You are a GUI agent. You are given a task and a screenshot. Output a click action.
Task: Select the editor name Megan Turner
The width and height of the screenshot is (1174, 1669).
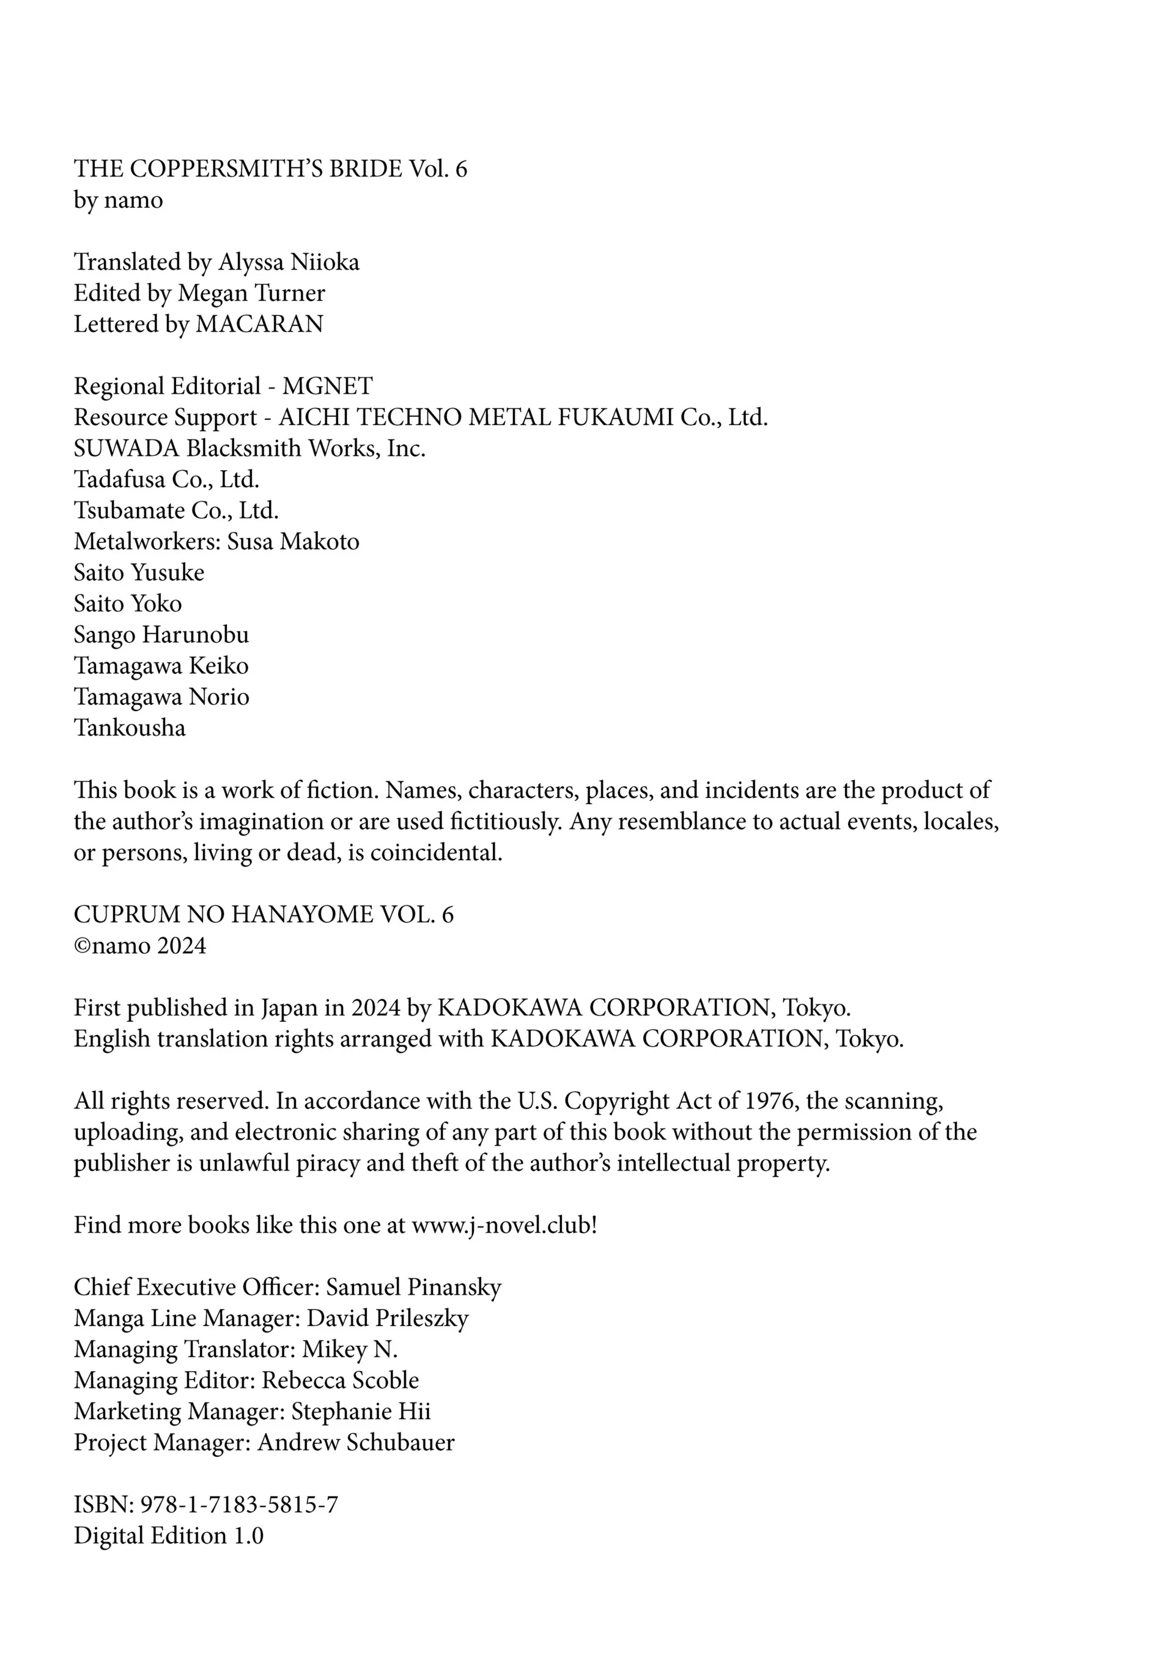coord(251,293)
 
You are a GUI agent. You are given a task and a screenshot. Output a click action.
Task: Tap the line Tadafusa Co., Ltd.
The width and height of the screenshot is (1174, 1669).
coord(166,480)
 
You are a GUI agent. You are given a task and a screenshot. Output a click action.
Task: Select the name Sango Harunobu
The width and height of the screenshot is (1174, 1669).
coord(161,635)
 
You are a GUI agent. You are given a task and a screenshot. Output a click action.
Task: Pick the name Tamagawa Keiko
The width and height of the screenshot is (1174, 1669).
coord(161,666)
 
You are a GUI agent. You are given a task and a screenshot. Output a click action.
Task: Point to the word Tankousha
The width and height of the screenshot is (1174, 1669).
coord(130,728)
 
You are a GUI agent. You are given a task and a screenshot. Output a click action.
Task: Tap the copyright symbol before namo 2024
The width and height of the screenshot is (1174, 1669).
coord(80,946)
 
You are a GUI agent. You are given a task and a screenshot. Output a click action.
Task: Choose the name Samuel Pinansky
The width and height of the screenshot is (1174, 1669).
coord(413,1288)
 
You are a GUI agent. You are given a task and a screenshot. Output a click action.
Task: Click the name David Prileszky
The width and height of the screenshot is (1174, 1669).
coord(388,1319)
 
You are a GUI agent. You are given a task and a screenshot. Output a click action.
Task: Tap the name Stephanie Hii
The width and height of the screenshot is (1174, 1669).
coord(361,1412)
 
